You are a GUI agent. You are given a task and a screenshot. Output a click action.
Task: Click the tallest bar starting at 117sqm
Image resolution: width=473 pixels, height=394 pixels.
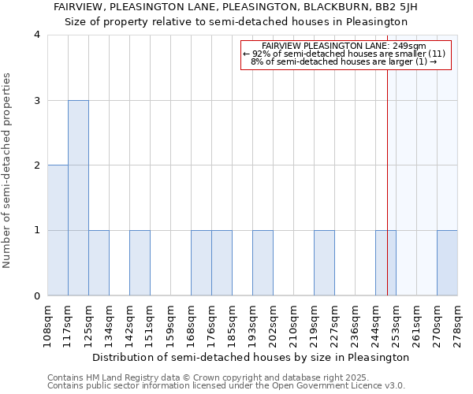(x=78, y=198)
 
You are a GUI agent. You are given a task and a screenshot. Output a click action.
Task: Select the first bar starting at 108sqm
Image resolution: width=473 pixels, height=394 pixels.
(x=58, y=230)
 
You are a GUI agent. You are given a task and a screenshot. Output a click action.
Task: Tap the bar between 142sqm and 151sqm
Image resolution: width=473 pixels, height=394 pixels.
(x=140, y=263)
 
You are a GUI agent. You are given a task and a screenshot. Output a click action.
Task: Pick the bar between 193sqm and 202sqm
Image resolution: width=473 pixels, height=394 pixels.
(x=263, y=263)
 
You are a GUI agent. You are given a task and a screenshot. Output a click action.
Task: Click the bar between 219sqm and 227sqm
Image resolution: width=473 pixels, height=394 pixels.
(x=324, y=263)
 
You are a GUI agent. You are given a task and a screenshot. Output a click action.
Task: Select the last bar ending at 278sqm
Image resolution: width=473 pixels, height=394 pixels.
(x=447, y=263)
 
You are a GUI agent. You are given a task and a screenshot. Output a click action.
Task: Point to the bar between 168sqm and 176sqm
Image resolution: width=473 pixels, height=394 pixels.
(x=201, y=263)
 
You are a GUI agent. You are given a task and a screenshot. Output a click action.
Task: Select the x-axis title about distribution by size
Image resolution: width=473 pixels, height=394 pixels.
(x=252, y=357)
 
